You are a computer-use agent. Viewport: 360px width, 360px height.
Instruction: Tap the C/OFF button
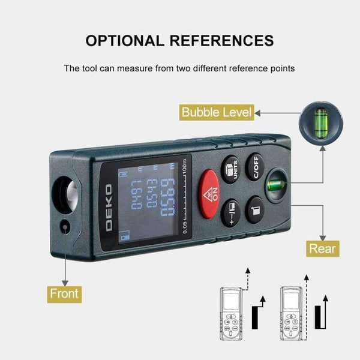point(256,165)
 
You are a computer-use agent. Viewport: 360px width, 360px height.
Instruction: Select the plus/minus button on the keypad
point(232,211)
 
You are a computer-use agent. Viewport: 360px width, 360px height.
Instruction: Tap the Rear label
point(323,248)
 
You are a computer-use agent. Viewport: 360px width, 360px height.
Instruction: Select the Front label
point(64,294)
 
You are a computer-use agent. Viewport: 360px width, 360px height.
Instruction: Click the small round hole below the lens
point(64,227)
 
